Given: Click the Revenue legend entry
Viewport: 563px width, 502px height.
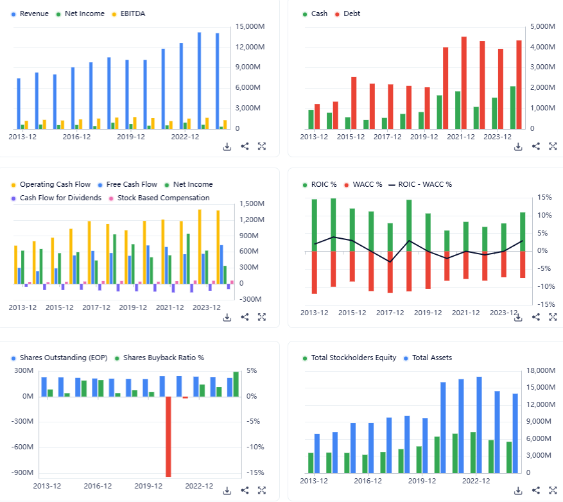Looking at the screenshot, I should [34, 13].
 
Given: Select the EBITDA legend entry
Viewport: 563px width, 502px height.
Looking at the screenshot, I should [132, 13].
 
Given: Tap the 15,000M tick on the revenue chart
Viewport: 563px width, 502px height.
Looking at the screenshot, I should [252, 26].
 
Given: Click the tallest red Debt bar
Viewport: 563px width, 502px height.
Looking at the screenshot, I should [464, 82].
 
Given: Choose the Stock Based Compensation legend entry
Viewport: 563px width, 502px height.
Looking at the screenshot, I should [163, 198].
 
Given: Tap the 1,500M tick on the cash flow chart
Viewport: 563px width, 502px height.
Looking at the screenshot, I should [251, 203].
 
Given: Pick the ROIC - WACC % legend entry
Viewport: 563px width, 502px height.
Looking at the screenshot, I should [425, 185].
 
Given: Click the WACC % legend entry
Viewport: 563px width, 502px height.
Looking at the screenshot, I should [367, 185].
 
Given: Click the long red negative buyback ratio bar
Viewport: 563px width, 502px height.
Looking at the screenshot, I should [169, 437].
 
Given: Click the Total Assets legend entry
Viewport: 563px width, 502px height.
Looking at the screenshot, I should [431, 358].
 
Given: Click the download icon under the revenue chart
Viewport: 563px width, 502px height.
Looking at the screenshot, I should [227, 146].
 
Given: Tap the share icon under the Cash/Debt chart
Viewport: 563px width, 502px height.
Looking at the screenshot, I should [536, 146].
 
